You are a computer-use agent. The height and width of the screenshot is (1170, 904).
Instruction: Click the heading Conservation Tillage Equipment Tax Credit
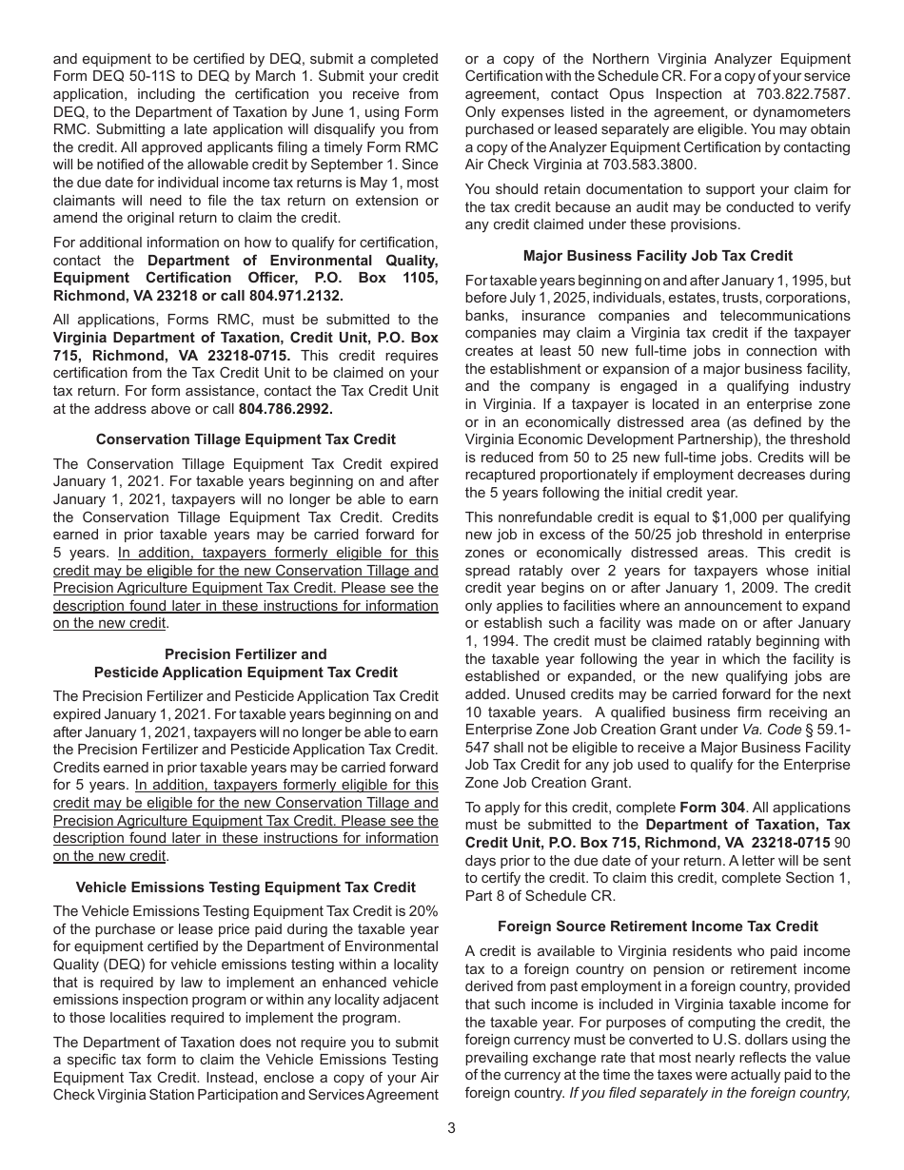[246, 439]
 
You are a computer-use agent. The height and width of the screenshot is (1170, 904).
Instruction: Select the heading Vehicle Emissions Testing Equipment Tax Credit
[246, 887]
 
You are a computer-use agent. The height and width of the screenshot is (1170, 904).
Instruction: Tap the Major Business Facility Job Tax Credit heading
[658, 256]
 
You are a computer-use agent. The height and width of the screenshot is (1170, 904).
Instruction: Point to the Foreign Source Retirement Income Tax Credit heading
[658, 926]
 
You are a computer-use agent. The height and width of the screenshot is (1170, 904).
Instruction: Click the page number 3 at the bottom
[452, 1128]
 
